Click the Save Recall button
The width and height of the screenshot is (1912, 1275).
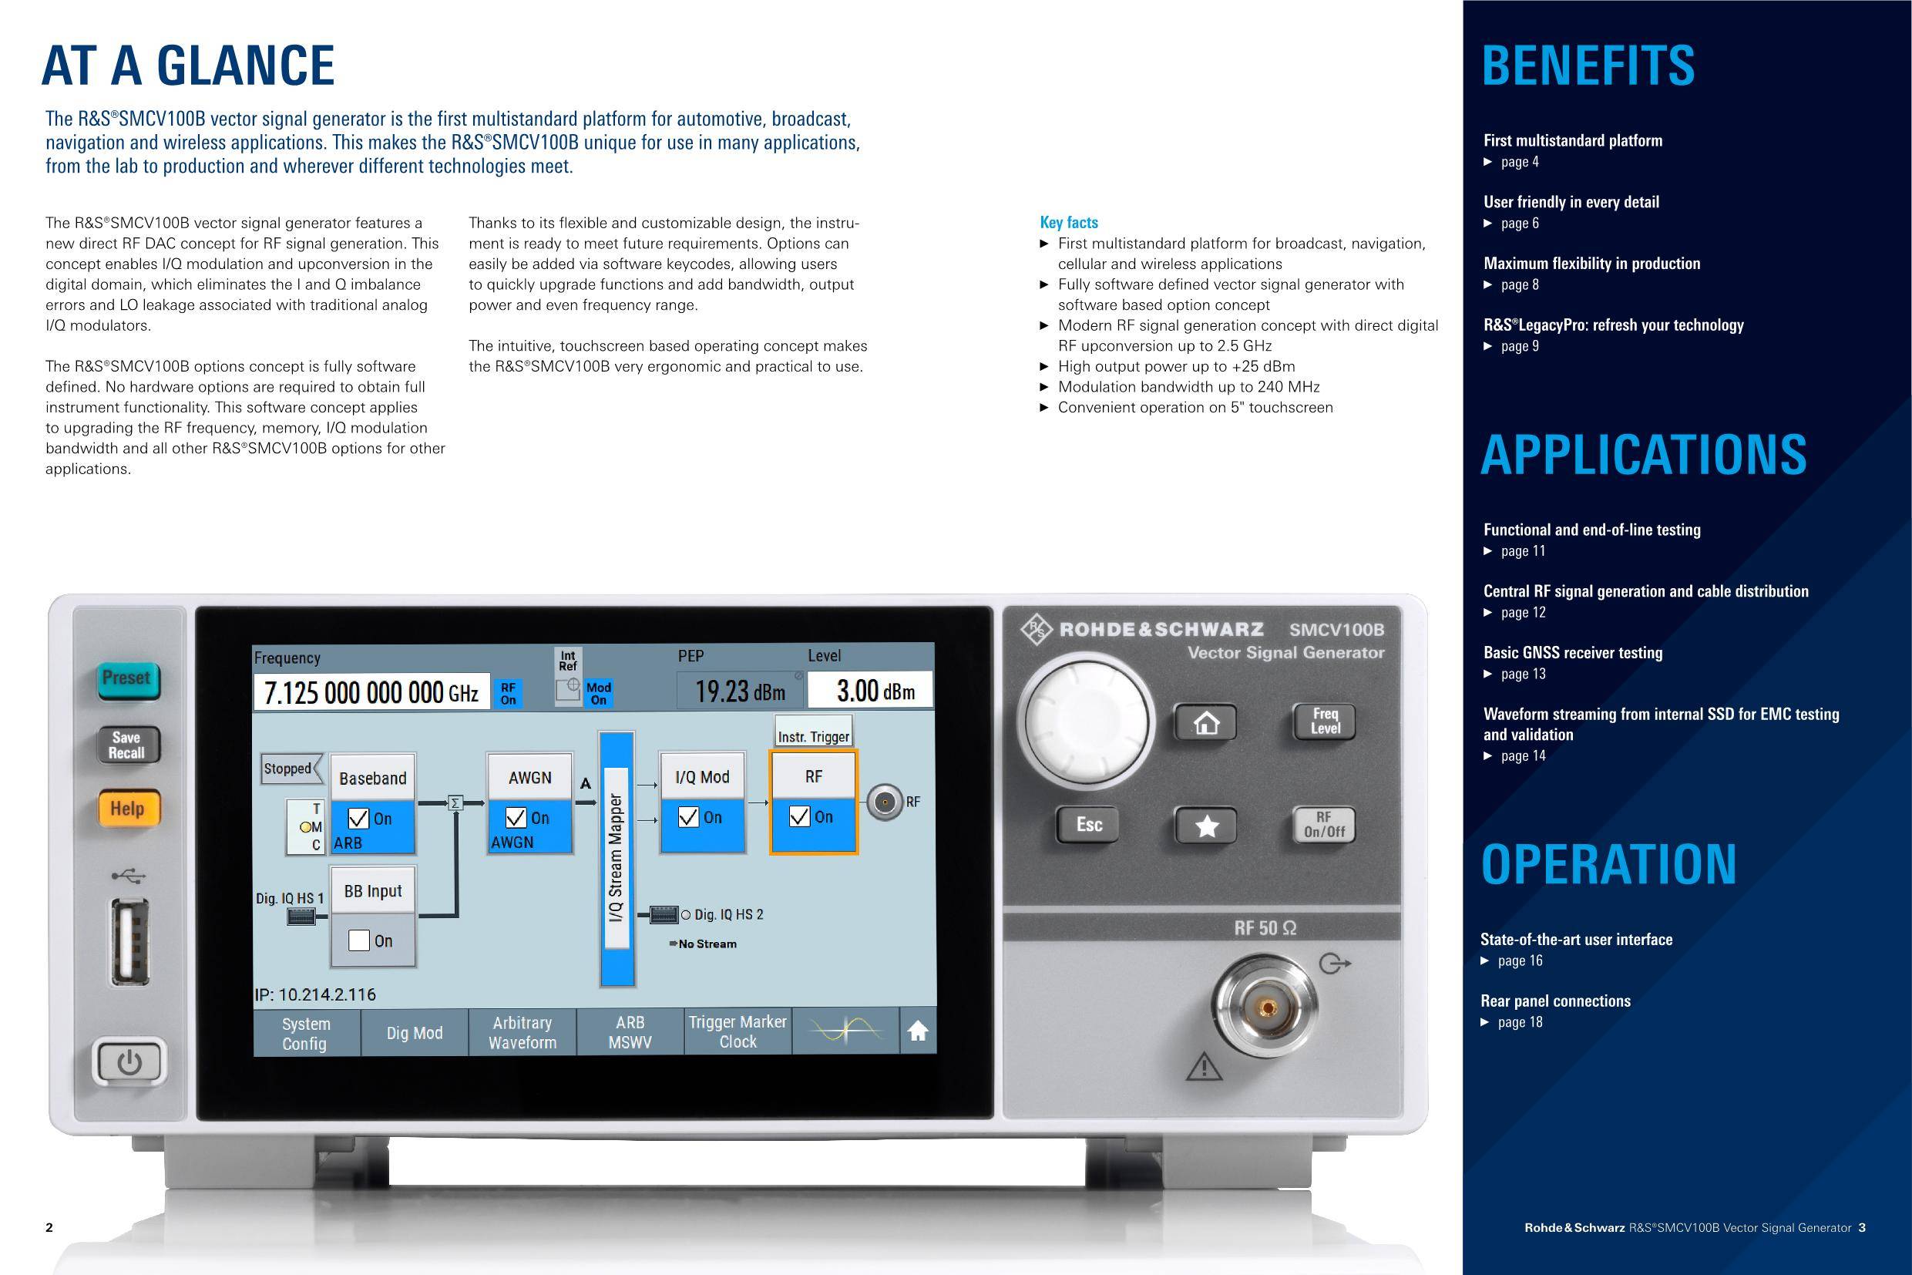[126, 745]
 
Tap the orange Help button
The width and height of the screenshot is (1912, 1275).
[127, 809]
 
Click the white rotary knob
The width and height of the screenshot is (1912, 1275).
[1086, 721]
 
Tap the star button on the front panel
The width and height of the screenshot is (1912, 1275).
[1206, 826]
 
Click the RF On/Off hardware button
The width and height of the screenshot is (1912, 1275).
[1323, 825]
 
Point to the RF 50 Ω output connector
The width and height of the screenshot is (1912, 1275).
[1266, 1009]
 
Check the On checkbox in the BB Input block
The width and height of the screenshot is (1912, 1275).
[359, 940]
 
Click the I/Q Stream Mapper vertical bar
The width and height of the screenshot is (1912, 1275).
[617, 859]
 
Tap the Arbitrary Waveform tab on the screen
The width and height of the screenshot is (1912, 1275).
[522, 1032]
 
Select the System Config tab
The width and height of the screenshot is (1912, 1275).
[306, 1033]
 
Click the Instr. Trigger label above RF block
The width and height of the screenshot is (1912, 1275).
[813, 736]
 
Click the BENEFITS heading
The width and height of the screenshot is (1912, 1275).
[1588, 66]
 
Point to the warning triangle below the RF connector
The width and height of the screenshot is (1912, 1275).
[1204, 1067]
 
